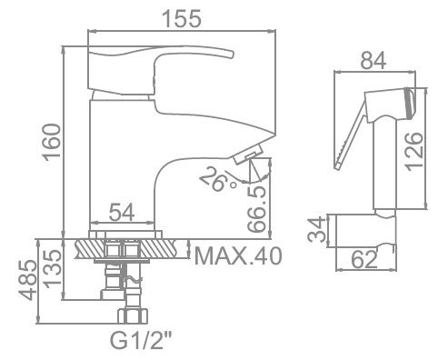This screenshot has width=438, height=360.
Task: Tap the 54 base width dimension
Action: pos(124,215)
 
